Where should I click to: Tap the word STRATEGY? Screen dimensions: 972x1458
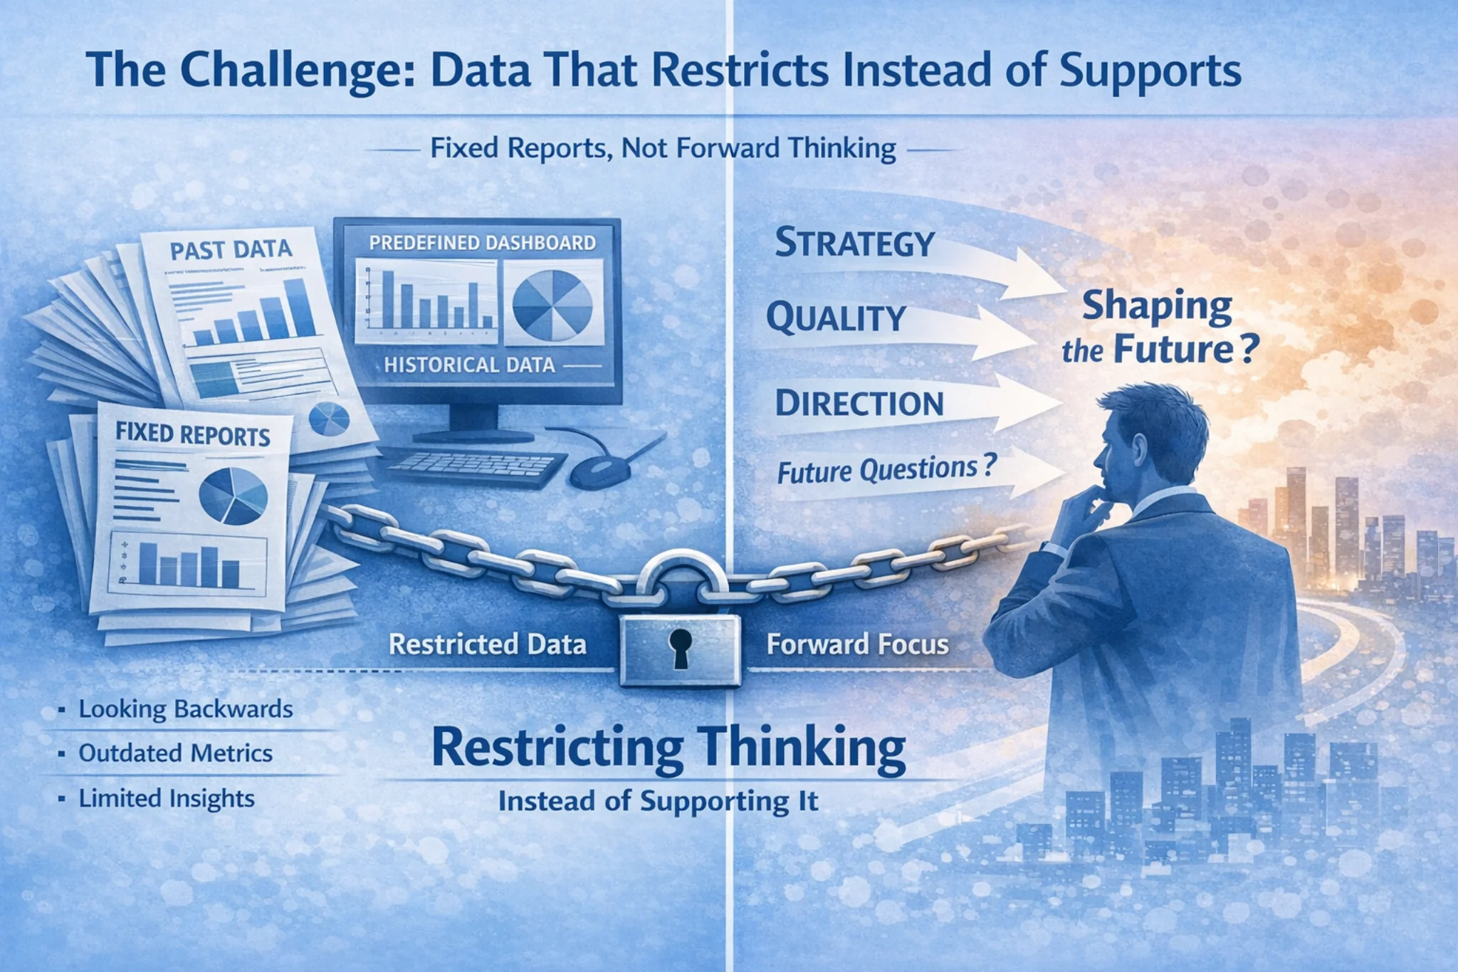854,244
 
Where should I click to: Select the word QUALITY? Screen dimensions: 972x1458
836,318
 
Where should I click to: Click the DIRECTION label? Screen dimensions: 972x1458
859,404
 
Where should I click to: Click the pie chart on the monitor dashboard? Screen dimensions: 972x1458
552,305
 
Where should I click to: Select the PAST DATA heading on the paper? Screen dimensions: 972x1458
231,250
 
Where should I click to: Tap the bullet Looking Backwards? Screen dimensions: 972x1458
185,709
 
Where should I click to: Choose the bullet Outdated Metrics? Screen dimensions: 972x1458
175,753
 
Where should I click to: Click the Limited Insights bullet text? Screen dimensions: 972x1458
166,798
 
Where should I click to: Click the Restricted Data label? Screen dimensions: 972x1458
487,644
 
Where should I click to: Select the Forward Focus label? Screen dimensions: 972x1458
857,644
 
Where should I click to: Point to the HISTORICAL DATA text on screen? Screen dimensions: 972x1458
469,365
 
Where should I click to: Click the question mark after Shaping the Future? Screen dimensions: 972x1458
1248,350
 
